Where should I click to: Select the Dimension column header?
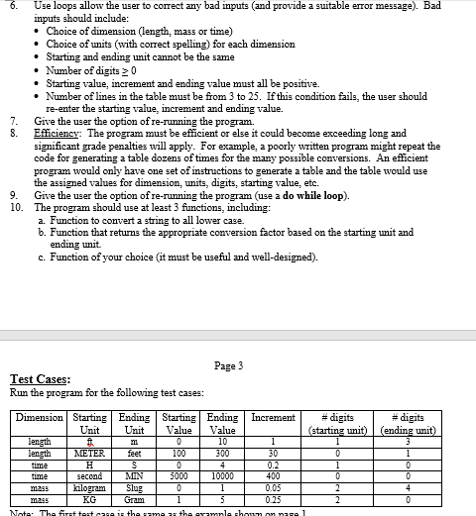click(40, 419)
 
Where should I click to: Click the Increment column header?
click(272, 419)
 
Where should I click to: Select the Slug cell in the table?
click(135, 486)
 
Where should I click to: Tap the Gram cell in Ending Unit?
click(135, 497)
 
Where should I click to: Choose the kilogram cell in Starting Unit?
click(90, 486)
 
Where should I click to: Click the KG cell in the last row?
click(90, 497)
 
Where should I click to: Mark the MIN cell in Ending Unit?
click(135, 475)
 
